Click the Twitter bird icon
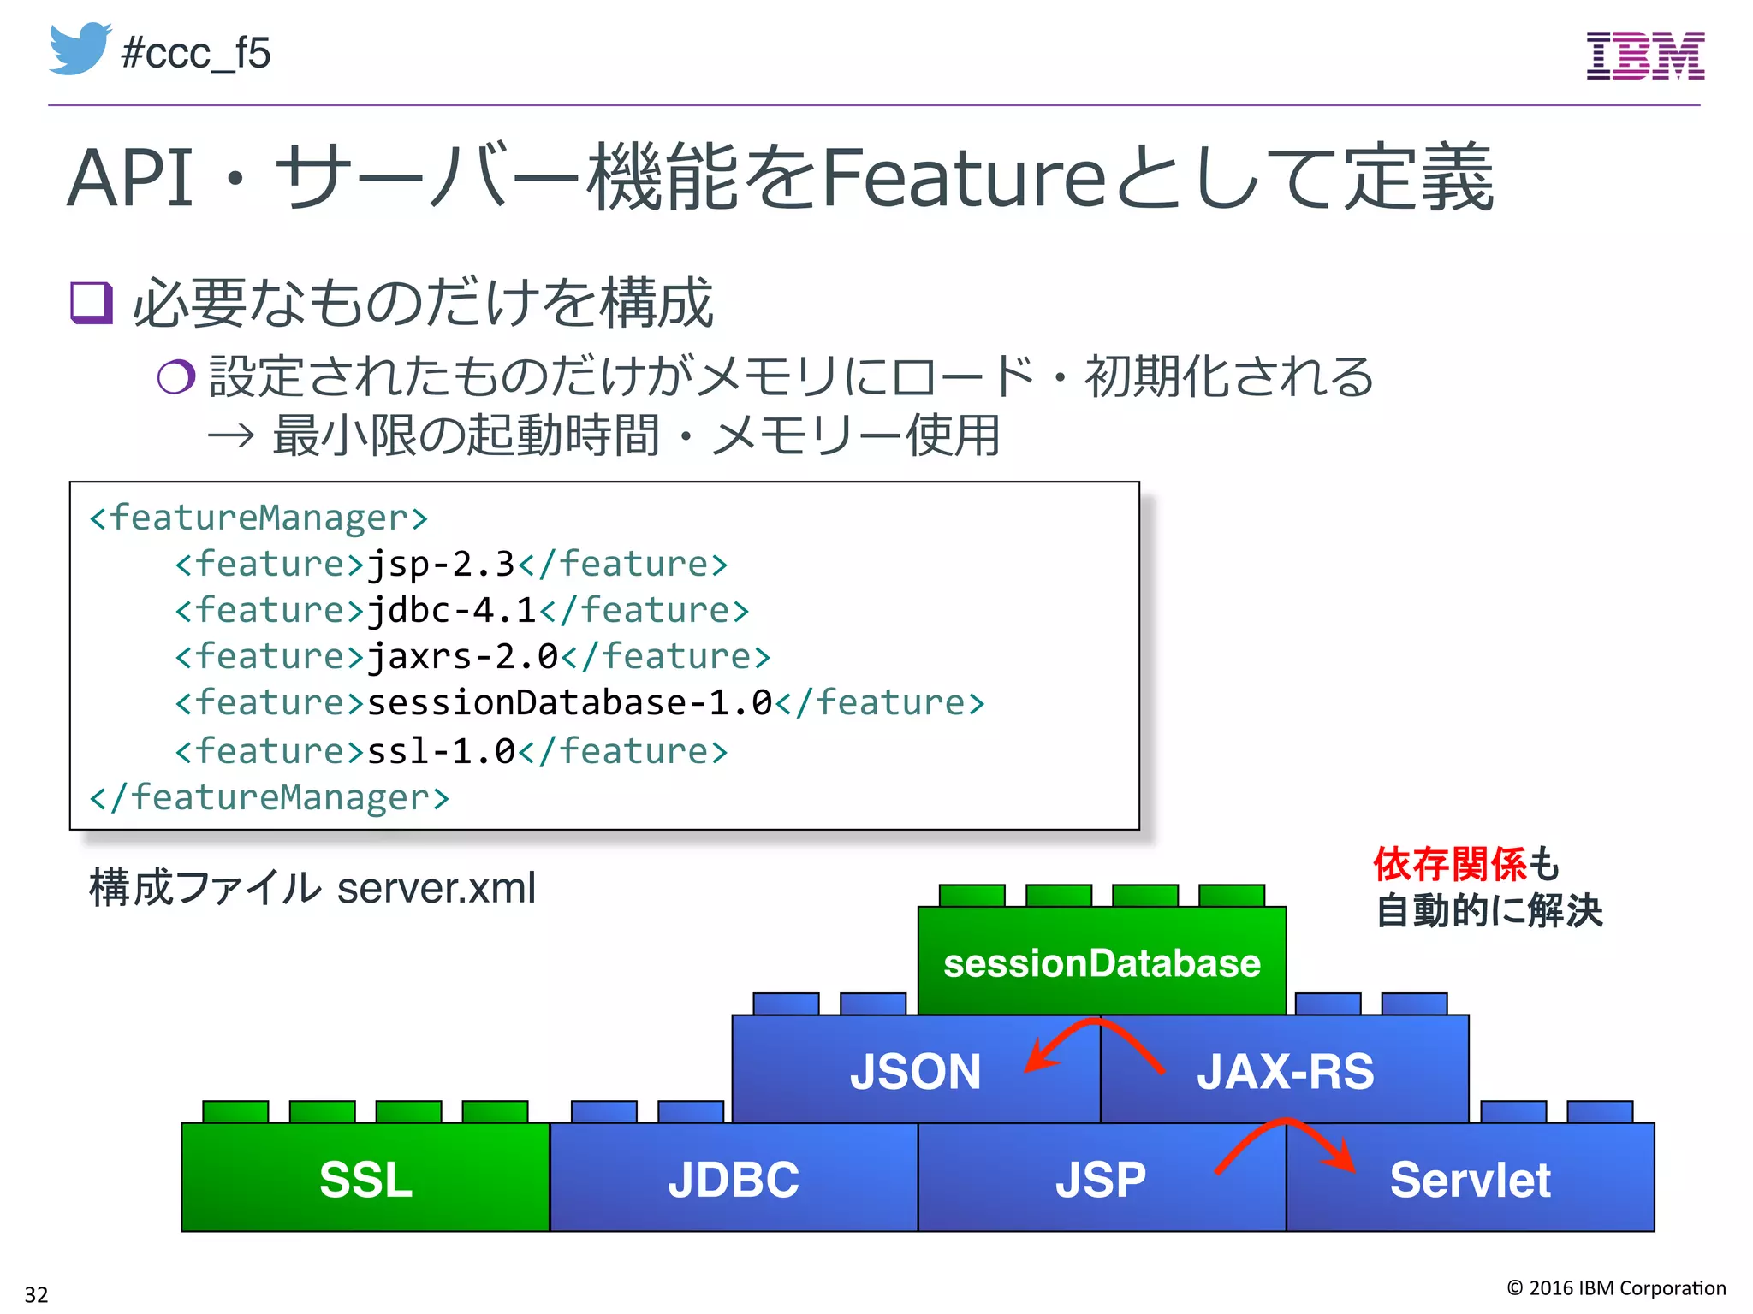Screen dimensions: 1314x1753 click(80, 49)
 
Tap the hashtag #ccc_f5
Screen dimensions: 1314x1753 click(196, 53)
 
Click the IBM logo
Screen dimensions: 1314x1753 click(1645, 56)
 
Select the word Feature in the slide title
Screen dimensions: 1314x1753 click(965, 178)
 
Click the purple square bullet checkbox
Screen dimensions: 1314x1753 click(92, 303)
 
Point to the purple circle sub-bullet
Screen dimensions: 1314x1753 click(176, 376)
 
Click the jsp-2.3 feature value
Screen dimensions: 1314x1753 click(441, 565)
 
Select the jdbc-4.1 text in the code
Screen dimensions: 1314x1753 click(452, 611)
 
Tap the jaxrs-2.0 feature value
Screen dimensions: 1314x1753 click(462, 657)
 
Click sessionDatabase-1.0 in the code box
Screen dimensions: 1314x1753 click(569, 703)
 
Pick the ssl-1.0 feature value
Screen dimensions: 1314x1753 click(441, 751)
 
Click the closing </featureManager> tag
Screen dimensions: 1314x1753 click(269, 797)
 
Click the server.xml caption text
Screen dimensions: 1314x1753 click(436, 888)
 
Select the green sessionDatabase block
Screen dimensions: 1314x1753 click(1102, 962)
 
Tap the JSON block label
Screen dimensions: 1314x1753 click(914, 1071)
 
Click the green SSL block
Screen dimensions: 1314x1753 click(365, 1179)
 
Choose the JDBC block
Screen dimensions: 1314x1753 click(734, 1179)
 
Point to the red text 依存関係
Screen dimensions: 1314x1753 click(1449, 864)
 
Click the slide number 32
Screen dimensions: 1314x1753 click(36, 1293)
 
